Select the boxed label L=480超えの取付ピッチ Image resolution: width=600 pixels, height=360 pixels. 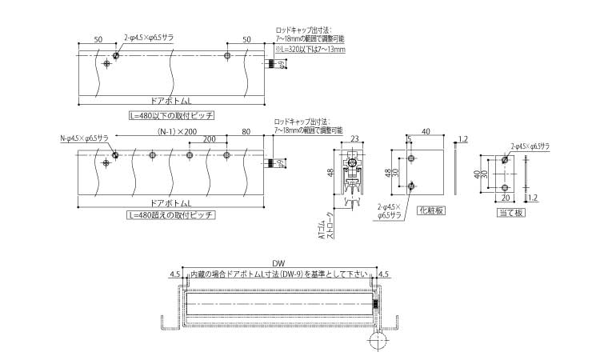pyautogui.click(x=171, y=215)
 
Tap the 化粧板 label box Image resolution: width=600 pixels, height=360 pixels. pyautogui.click(x=430, y=211)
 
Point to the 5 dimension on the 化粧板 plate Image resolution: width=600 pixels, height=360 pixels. pyautogui.click(x=409, y=139)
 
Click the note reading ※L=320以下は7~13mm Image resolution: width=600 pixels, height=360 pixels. pyautogui.click(x=310, y=50)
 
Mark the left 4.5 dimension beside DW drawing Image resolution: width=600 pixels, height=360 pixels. pyautogui.click(x=174, y=274)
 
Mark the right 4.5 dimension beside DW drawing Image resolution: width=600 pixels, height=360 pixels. pyautogui.click(x=382, y=274)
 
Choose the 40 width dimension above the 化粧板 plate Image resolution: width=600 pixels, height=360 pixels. pyautogui.click(x=426, y=132)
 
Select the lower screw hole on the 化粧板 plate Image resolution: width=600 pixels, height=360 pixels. pyautogui.click(x=410, y=186)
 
